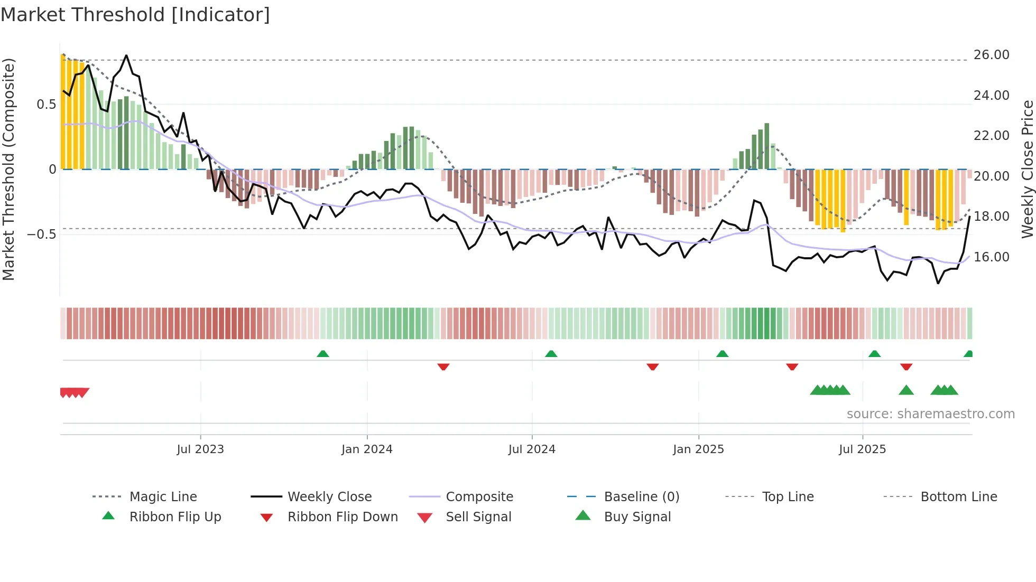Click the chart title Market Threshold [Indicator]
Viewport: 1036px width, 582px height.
(135, 15)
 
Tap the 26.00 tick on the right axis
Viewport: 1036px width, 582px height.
(991, 55)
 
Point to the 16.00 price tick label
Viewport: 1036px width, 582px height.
(991, 257)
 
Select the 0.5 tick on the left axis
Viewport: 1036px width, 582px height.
(47, 105)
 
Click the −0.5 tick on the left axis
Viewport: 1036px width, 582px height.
(42, 234)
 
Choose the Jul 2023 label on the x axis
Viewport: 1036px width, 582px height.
(200, 449)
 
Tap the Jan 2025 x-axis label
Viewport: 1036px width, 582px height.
(698, 449)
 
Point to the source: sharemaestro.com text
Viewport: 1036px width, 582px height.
(930, 414)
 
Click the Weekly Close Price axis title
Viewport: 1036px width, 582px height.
(1027, 169)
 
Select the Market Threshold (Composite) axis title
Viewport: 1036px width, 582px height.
(8, 169)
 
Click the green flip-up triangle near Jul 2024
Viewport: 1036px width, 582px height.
(551, 354)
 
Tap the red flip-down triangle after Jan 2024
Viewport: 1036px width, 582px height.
(443, 367)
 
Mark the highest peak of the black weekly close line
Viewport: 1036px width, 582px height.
(126, 55)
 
